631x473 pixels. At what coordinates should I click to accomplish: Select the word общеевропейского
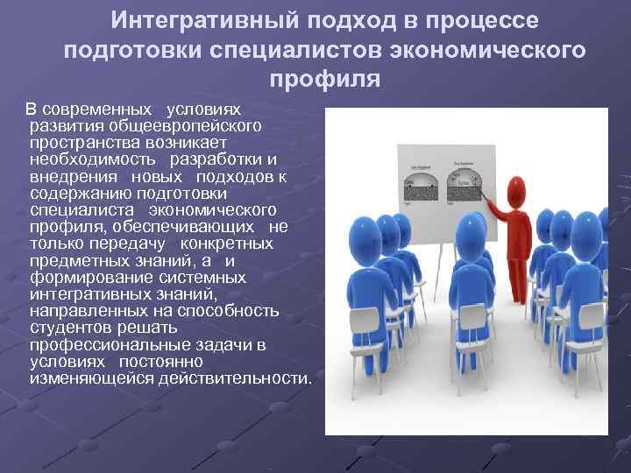pos(179,125)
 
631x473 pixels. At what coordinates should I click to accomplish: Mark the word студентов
pos(67,328)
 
